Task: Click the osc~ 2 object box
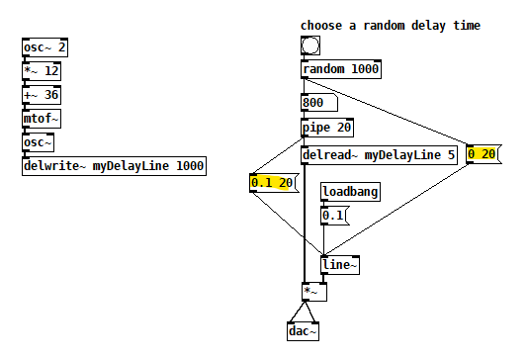44,47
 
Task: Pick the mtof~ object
42,119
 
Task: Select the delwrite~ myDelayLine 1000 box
114,166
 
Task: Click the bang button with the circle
310,45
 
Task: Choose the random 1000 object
340,69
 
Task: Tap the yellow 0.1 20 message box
274,182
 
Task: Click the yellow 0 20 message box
484,154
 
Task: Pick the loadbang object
350,192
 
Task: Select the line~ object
340,264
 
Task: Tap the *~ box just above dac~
313,292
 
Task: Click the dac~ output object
304,332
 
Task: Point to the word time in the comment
465,25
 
